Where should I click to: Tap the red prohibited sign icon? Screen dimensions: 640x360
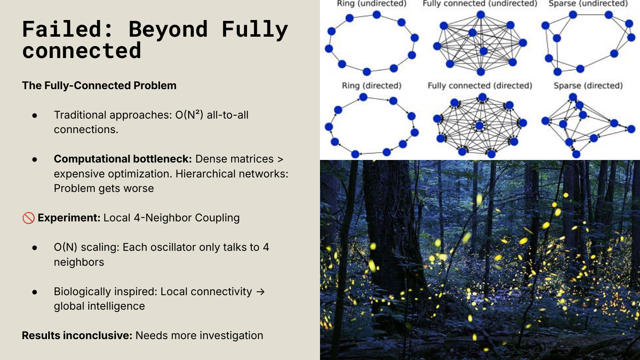click(29, 218)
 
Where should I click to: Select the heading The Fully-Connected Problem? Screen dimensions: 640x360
click(99, 85)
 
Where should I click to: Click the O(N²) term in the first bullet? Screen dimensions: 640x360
click(189, 115)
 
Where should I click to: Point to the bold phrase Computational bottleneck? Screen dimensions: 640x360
click(123, 159)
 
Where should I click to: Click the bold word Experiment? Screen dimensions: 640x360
click(69, 218)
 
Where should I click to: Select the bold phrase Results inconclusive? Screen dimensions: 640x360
click(77, 335)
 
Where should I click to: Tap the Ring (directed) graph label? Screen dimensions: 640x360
click(372, 86)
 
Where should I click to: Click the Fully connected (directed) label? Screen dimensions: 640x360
click(480, 86)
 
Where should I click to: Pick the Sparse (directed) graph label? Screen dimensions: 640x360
click(588, 86)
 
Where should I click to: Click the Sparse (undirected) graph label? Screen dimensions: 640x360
click(588, 4)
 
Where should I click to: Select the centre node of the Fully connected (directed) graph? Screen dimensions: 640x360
click(480, 125)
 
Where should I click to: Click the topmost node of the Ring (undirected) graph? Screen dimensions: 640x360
click(377, 15)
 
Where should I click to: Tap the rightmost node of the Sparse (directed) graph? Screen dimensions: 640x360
click(631, 129)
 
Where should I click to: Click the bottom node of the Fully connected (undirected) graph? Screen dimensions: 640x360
click(481, 71)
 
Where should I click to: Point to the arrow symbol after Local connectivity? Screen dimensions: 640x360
click(260, 292)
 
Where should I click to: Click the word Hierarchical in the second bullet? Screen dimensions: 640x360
click(202, 174)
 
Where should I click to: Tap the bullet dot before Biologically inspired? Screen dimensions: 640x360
click(35, 292)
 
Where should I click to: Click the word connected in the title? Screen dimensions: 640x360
click(82, 51)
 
